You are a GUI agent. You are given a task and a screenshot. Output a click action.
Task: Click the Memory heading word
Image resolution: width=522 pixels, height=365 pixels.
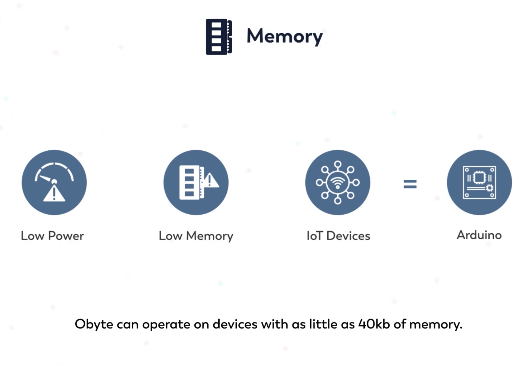tap(284, 36)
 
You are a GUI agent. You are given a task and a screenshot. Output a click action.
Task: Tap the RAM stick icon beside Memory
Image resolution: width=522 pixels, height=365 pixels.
tap(219, 37)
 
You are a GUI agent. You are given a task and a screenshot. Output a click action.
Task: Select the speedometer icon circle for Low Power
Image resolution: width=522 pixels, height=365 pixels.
tap(54, 182)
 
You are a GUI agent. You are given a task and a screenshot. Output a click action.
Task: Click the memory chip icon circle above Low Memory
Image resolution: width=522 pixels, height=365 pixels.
tap(196, 182)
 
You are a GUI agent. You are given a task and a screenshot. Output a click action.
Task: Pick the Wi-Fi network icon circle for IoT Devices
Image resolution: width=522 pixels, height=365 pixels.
tap(338, 182)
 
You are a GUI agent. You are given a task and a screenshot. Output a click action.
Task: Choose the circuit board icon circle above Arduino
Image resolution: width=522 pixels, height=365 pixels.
tap(479, 182)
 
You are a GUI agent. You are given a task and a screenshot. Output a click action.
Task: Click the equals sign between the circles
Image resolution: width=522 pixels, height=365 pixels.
tap(410, 184)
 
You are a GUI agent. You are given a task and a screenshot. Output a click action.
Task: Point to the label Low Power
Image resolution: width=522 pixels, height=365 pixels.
tap(52, 236)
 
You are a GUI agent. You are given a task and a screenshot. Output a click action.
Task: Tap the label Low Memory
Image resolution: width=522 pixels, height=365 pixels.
tap(196, 236)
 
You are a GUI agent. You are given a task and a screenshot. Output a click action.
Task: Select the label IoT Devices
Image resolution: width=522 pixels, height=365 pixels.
tap(338, 236)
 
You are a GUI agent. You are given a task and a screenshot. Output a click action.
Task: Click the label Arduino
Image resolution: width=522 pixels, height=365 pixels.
tap(479, 235)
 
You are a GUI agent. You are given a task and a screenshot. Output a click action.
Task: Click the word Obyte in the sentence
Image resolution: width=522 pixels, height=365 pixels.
tap(94, 324)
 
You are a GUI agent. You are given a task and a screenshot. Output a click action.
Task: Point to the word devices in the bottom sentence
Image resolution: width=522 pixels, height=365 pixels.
tap(235, 324)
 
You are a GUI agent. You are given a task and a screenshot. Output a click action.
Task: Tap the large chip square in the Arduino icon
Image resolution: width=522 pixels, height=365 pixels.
tap(479, 178)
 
